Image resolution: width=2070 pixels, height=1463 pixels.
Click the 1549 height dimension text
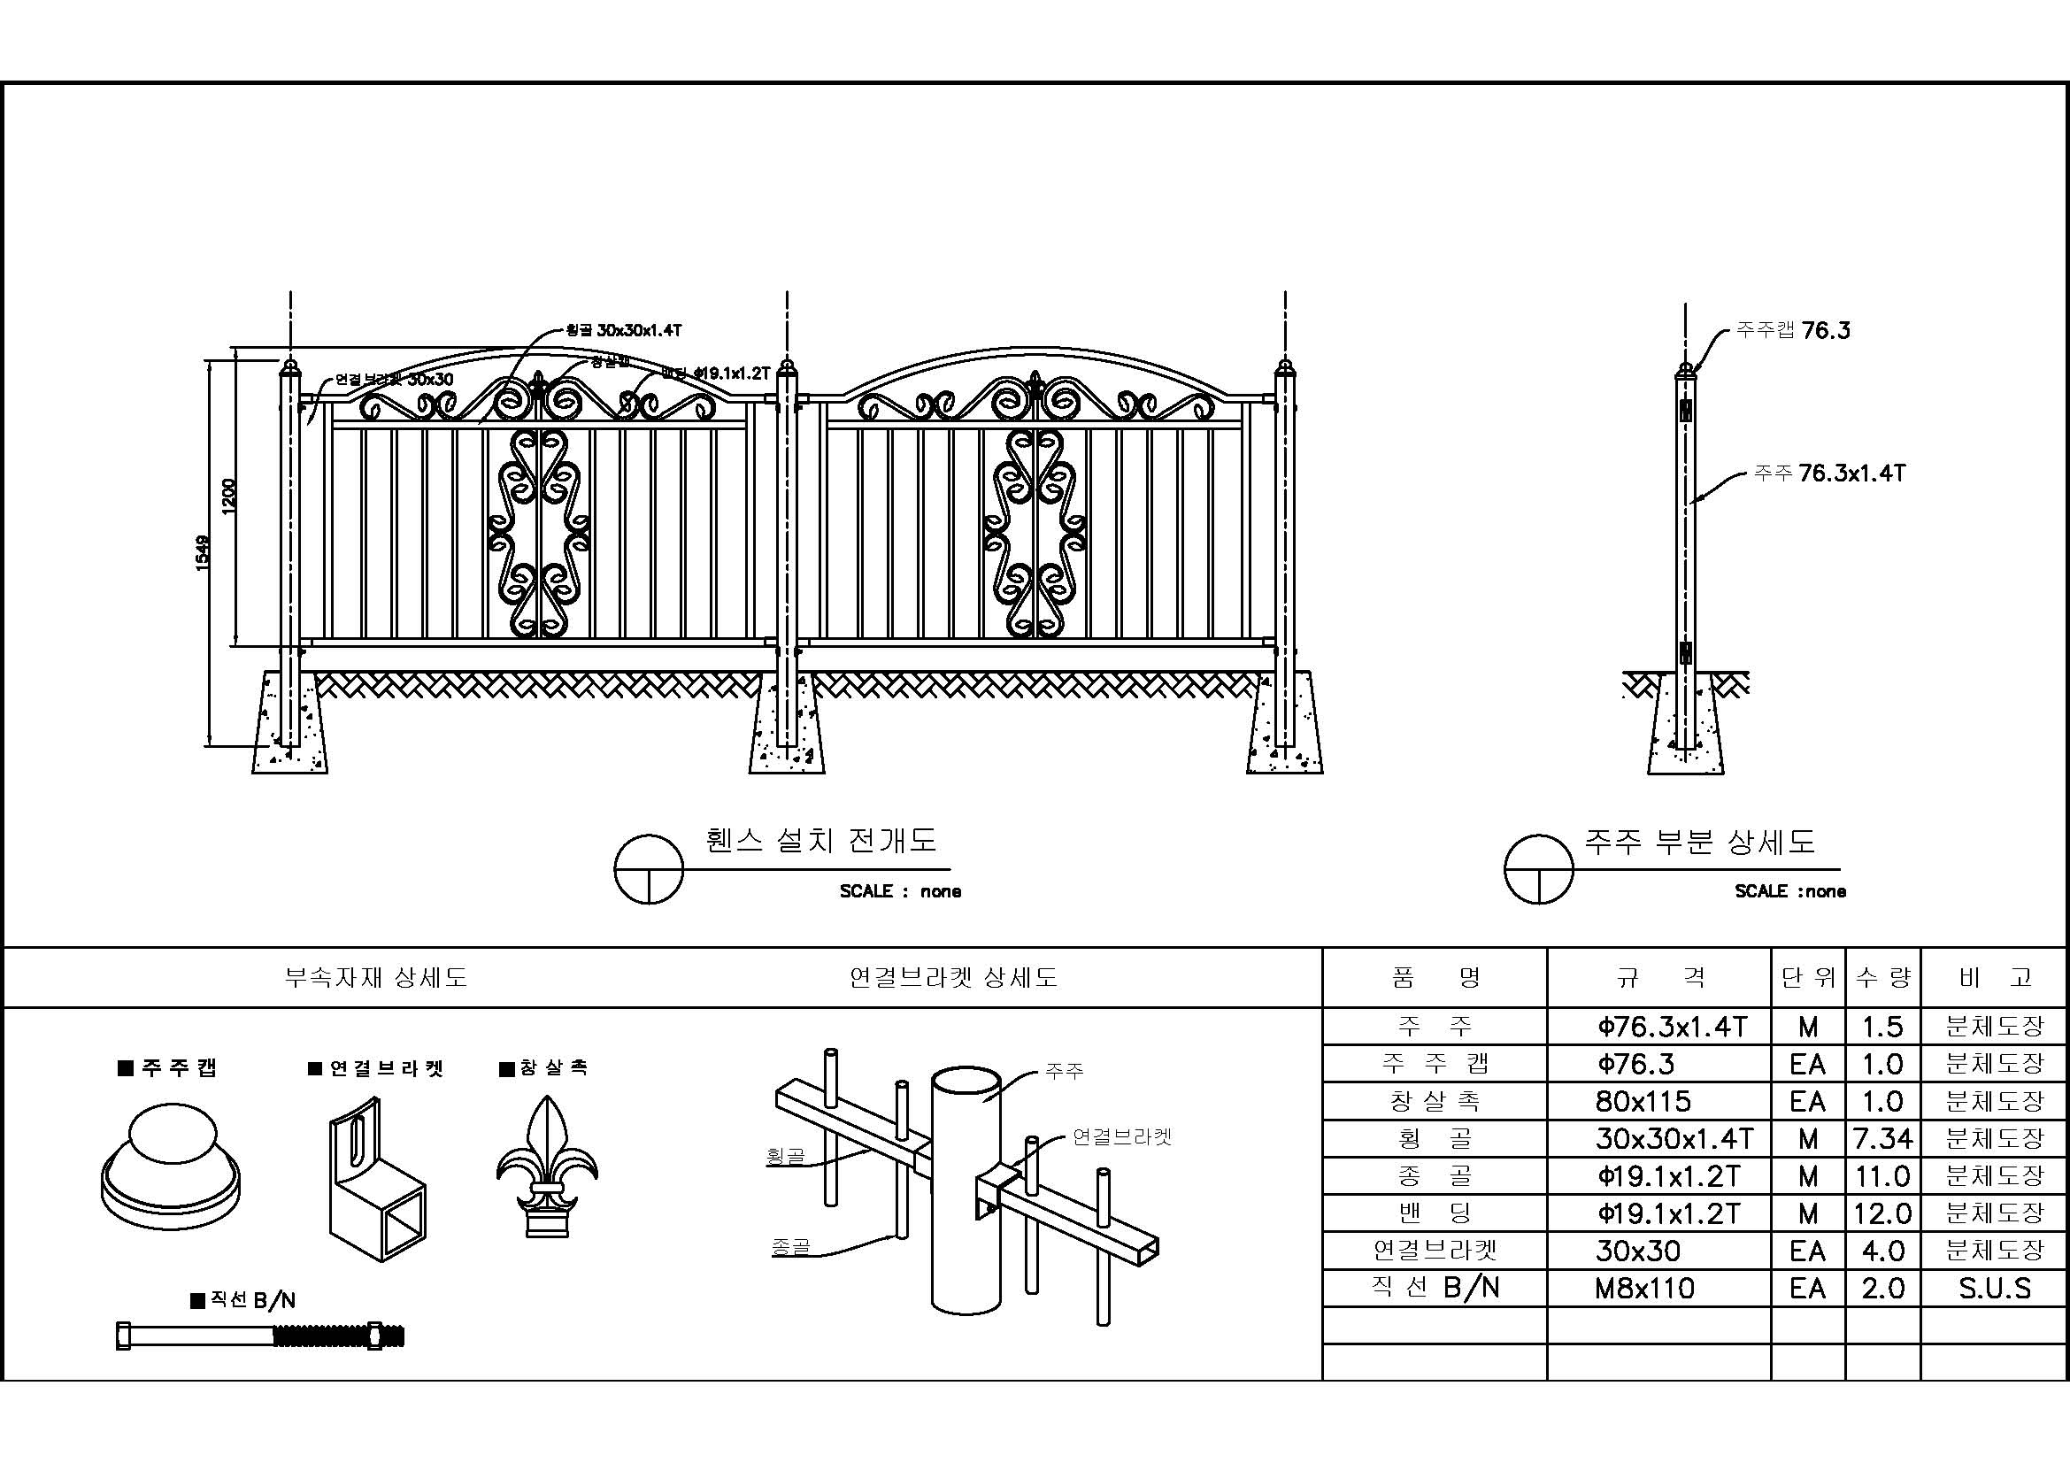pyautogui.click(x=203, y=551)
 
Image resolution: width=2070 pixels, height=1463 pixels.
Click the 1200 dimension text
pyautogui.click(x=229, y=497)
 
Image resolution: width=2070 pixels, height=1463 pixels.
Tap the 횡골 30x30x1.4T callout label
pyautogui.click(x=623, y=331)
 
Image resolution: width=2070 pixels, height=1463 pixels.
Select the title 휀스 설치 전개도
pyautogui.click(x=821, y=840)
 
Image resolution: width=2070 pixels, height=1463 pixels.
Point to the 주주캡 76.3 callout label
pyautogui.click(x=1794, y=331)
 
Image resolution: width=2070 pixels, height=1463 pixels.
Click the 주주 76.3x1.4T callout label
pyautogui.click(x=1829, y=474)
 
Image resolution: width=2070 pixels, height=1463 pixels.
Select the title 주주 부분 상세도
pyautogui.click(x=1699, y=841)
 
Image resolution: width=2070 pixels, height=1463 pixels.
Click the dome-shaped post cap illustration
pyautogui.click(x=171, y=1163)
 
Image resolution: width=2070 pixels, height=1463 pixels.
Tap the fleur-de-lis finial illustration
pyautogui.click(x=546, y=1167)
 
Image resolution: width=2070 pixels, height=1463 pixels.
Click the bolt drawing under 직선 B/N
pyautogui.click(x=260, y=1335)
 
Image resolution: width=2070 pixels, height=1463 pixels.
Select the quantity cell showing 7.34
pyautogui.click(x=1882, y=1139)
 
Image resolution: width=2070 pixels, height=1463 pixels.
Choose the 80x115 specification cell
pyautogui.click(x=1643, y=1102)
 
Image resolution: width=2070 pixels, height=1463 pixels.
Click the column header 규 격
pyautogui.click(x=1658, y=977)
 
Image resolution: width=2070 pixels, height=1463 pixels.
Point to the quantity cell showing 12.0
pyautogui.click(x=1882, y=1214)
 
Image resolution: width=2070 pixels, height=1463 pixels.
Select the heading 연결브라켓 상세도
pyautogui.click(x=953, y=977)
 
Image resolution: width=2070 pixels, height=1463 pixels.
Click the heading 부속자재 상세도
pyautogui.click(x=376, y=977)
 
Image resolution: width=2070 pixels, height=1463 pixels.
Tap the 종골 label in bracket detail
pyautogui.click(x=790, y=1247)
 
